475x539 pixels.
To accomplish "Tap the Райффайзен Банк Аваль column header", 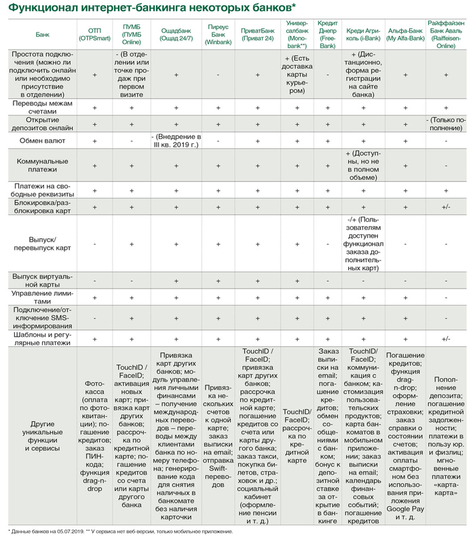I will click(x=446, y=33).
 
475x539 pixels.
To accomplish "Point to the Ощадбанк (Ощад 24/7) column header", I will click(x=175, y=33).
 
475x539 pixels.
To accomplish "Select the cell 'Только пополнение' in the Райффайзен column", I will click(x=446, y=124).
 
